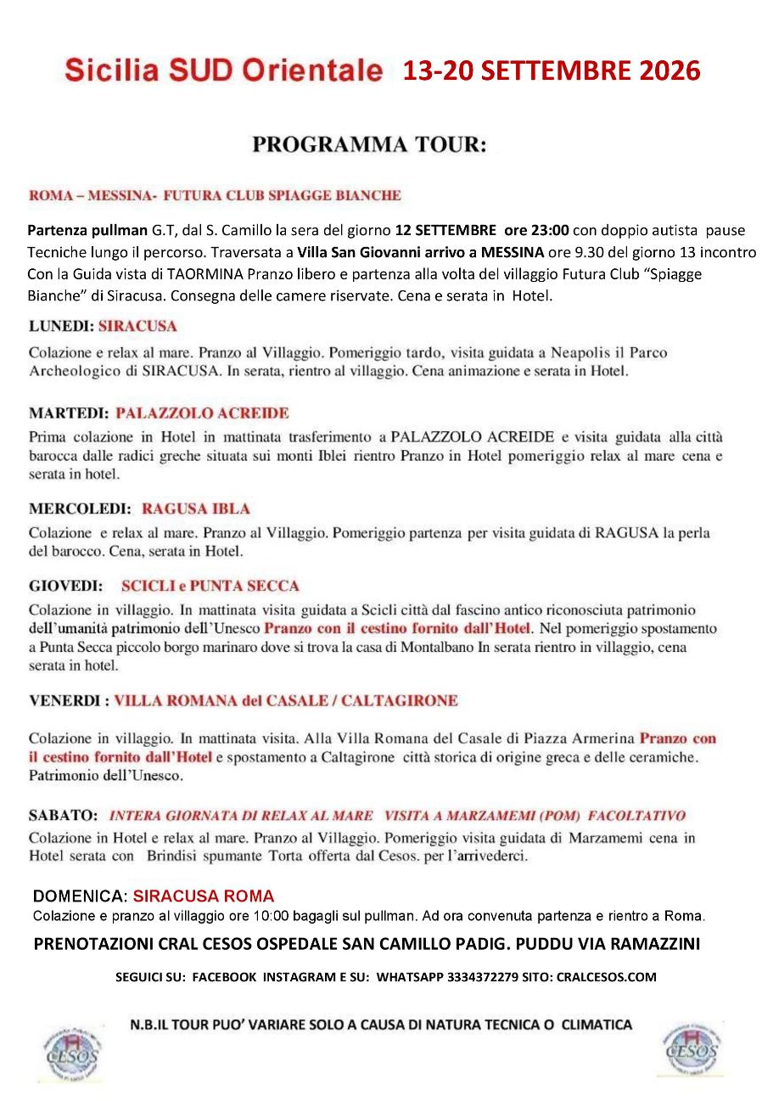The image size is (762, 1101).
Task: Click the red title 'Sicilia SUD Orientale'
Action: click(x=224, y=71)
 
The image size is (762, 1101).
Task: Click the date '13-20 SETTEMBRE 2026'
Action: click(x=552, y=71)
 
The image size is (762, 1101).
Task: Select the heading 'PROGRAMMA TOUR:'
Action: click(x=370, y=145)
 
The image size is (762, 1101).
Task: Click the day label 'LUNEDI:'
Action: click(x=60, y=326)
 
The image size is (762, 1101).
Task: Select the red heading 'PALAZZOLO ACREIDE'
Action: click(x=202, y=413)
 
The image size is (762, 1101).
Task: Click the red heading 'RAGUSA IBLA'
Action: click(x=196, y=509)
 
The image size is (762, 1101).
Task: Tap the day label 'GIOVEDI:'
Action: click(x=65, y=587)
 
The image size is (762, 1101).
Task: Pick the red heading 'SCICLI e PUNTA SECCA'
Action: click(x=210, y=587)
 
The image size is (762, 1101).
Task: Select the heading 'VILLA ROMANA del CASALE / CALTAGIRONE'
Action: click(x=286, y=701)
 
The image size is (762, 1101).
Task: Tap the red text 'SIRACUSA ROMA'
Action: click(x=204, y=896)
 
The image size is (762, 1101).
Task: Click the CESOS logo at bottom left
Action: click(x=73, y=1051)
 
